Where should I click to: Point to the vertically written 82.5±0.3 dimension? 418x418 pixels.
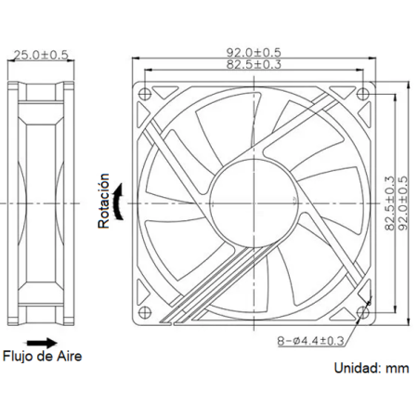[388, 202]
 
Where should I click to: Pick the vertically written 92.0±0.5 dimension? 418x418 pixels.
[400, 202]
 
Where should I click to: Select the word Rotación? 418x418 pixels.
[105, 202]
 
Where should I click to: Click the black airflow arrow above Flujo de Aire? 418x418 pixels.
[40, 340]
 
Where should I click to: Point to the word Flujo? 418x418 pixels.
[19, 356]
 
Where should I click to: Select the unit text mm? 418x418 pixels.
[398, 368]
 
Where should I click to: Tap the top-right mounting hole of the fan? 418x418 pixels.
[364, 94]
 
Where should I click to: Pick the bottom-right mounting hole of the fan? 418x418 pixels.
[364, 311]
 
